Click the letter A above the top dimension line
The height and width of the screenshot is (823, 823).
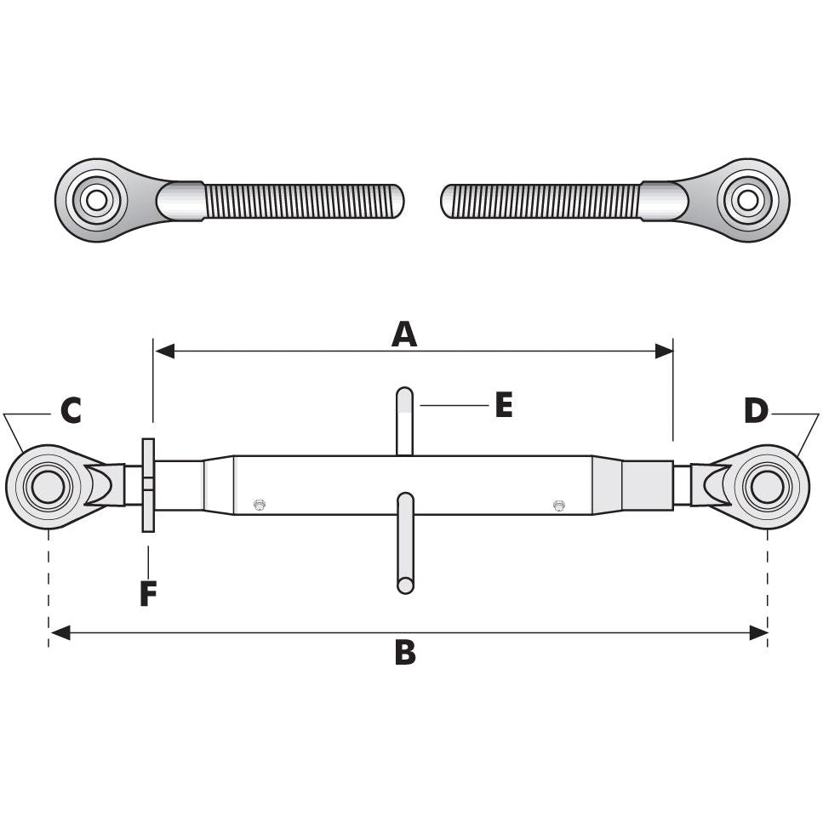pos(404,334)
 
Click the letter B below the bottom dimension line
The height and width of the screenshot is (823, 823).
pos(405,653)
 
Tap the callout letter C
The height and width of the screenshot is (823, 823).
pos(71,410)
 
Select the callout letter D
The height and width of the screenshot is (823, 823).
pos(757,410)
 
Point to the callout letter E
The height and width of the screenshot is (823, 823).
pos(504,405)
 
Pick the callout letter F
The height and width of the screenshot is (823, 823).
pos(149,593)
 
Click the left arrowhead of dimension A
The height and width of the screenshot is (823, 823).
pos(163,351)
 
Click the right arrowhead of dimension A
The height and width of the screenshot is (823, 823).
pos(664,351)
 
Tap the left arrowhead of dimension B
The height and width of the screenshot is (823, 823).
pos(60,633)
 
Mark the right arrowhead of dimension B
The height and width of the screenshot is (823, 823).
pos(758,633)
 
